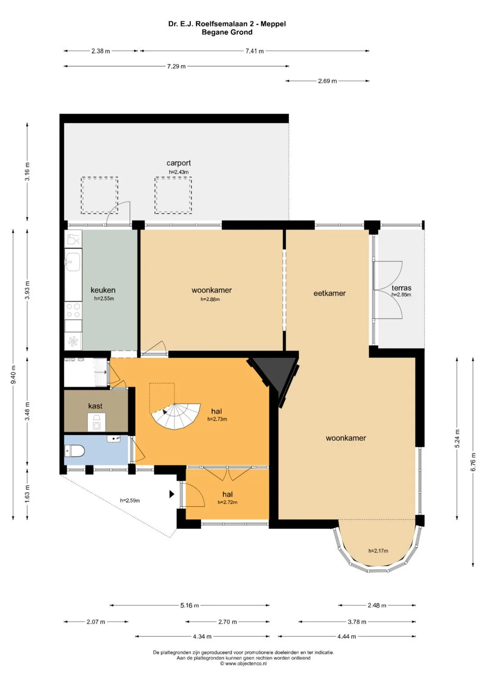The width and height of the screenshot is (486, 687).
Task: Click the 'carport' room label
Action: pos(179,163)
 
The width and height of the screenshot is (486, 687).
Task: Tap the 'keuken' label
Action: pos(103,290)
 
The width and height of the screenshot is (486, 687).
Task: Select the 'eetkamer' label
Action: pos(329,293)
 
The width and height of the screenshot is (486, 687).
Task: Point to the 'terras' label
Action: pos(401,288)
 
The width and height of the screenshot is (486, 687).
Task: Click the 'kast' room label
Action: pos(95,406)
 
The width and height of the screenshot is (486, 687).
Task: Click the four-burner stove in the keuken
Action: pos(73,310)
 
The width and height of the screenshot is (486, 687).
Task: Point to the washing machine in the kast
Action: pos(97,422)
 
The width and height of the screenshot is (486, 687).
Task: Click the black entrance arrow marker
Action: pos(172,494)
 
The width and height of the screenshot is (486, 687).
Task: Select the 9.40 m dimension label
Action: pos(13,375)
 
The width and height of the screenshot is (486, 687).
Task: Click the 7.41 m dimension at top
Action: pos(254,51)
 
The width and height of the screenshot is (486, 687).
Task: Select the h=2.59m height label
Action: pos(130,501)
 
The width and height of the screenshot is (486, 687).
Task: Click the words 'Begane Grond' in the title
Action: pos(227,32)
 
